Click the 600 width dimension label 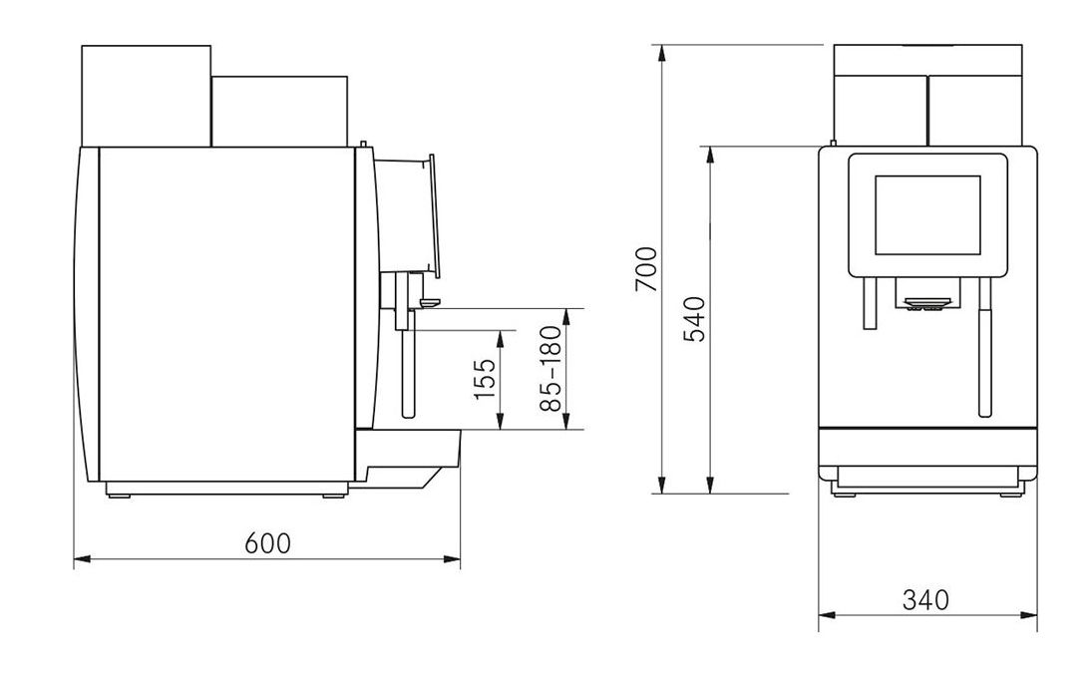pyautogui.click(x=268, y=543)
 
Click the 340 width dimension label pyautogui.click(x=926, y=600)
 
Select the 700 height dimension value pyautogui.click(x=646, y=268)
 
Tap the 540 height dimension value pyautogui.click(x=694, y=319)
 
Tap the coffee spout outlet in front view pyautogui.click(x=926, y=303)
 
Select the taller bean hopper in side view pyautogui.click(x=146, y=96)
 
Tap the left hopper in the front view pyautogui.click(x=880, y=96)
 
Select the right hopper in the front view pyautogui.click(x=974, y=96)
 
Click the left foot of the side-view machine pyautogui.click(x=119, y=491)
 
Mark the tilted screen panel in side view pyautogui.click(x=432, y=214)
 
